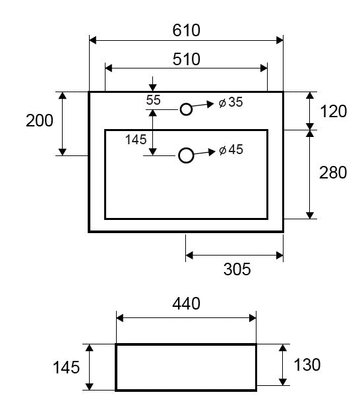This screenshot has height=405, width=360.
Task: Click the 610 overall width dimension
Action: (x=186, y=30)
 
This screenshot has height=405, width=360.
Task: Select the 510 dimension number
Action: (x=186, y=59)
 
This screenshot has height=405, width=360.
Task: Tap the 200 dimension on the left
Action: (x=40, y=121)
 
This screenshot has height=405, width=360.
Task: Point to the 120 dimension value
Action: (x=334, y=111)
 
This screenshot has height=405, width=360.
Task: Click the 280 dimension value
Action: (x=333, y=173)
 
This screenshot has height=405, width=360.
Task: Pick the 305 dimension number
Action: (x=237, y=269)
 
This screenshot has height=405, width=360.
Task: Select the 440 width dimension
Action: (x=186, y=304)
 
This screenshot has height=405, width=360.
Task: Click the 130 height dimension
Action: (x=307, y=365)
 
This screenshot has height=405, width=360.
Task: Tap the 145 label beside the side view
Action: (x=66, y=367)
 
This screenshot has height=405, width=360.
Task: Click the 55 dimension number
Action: (x=153, y=100)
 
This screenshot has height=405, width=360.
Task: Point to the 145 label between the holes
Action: (x=136, y=140)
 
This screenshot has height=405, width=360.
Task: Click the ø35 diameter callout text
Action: (x=231, y=102)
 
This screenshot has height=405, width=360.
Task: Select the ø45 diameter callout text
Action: (x=231, y=149)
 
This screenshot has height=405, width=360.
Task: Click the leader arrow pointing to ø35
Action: (x=203, y=105)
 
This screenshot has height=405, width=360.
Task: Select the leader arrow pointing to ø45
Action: (x=204, y=152)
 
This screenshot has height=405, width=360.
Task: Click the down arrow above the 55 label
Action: (x=153, y=84)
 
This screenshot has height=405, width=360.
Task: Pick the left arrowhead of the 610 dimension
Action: (x=92, y=40)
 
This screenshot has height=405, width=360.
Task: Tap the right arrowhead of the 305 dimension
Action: (x=280, y=256)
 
